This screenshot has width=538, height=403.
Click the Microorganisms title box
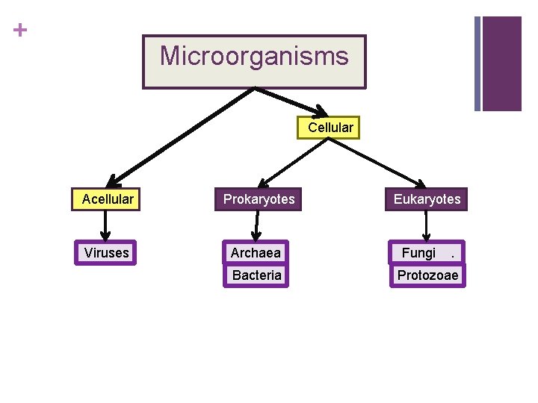coord(254,61)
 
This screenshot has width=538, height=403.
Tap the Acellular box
coord(108,199)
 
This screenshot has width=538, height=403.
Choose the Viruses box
coord(106,253)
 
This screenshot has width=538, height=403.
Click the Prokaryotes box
coord(259,199)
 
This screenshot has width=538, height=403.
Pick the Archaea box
coord(256,253)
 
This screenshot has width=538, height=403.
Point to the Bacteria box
coord(256,275)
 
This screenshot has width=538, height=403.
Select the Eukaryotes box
coord(427,199)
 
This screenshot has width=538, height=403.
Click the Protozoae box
coord(427,275)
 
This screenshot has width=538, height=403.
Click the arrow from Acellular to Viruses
coord(105,226)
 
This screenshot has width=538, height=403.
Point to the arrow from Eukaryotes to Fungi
coord(427,226)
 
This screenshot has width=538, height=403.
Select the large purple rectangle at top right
coord(501,63)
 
